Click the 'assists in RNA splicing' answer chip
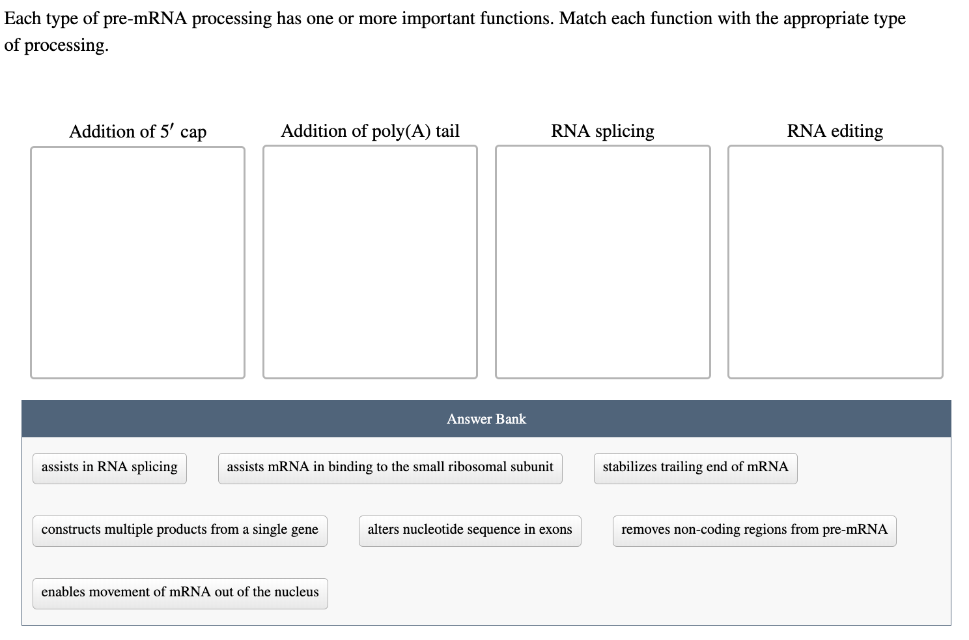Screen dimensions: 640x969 coord(109,468)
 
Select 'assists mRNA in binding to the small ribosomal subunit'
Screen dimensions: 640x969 coord(390,468)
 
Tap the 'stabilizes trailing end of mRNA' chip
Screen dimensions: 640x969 coord(695,468)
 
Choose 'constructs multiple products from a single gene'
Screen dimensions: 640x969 coord(180,531)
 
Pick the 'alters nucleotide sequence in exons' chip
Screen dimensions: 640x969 coord(470,531)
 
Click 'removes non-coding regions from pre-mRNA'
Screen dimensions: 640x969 coord(754,531)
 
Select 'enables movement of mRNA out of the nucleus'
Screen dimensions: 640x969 coord(180,593)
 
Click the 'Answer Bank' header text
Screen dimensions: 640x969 coord(486,419)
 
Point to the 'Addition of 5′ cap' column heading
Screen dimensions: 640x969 coord(137,132)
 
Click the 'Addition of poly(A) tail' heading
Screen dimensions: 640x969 coord(370,132)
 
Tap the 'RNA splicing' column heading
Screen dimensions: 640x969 coord(602,132)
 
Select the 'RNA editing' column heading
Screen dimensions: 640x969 coord(835,132)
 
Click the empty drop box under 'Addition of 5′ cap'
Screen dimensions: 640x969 coord(137,262)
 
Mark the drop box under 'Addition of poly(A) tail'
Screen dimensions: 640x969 coord(370,262)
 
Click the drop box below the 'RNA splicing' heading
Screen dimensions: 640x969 coord(602,262)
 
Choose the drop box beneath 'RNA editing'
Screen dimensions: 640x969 coord(835,262)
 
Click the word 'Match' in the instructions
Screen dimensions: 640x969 coord(582,18)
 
